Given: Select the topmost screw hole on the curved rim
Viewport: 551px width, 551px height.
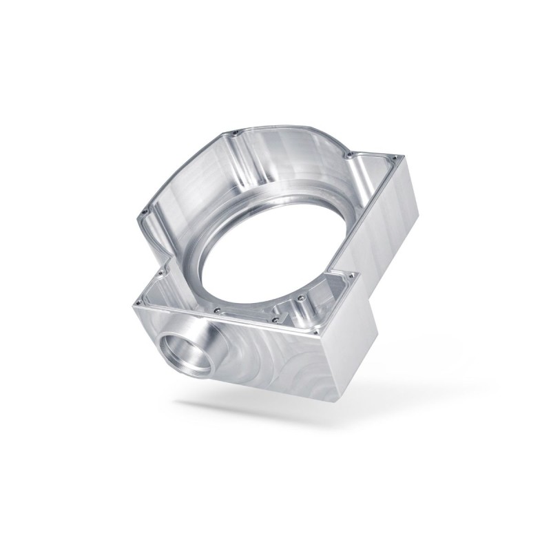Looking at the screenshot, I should pyautogui.click(x=236, y=132).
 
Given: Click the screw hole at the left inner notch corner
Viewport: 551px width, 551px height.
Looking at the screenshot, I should pyautogui.click(x=160, y=272).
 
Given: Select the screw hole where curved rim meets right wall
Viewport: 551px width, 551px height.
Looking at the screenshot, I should pyautogui.click(x=351, y=154).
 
